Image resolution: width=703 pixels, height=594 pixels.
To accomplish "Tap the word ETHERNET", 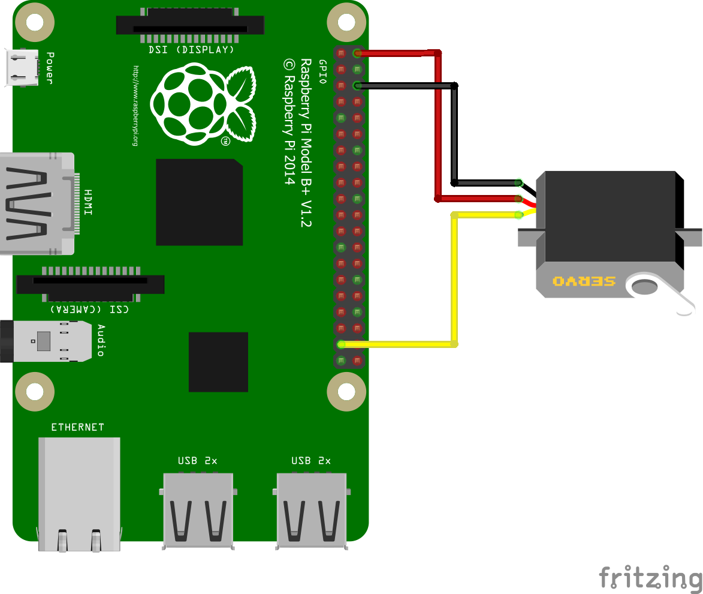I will click(77, 427).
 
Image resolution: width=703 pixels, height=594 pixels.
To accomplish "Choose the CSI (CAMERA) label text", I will click(89, 309).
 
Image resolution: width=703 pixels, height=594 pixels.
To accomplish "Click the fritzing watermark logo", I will click(650, 578).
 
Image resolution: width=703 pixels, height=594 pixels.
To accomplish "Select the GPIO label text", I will click(322, 72).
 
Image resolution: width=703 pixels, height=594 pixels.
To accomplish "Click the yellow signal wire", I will click(454, 282).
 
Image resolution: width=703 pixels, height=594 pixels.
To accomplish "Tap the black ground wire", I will click(454, 132).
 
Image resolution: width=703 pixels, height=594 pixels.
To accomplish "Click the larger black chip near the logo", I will click(199, 202).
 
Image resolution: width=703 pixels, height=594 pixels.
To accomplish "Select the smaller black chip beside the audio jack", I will click(218, 362).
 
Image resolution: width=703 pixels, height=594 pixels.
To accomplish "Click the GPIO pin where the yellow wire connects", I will click(341, 344).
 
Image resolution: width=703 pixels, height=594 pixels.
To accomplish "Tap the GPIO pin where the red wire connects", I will click(358, 53).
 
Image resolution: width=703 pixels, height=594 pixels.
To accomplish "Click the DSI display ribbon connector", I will click(190, 25).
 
